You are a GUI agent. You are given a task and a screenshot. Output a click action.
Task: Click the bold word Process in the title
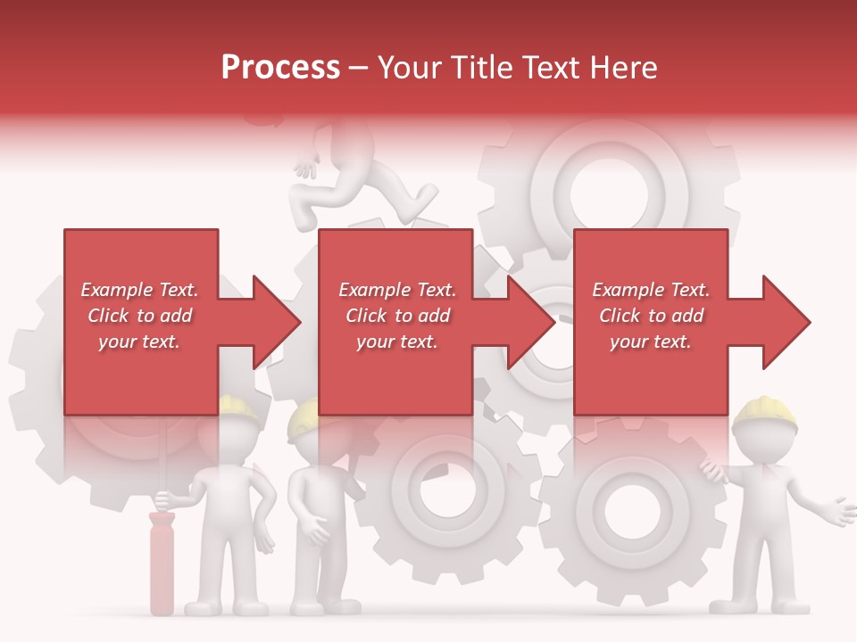[280, 68]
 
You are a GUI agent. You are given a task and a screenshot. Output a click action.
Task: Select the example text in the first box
[139, 316]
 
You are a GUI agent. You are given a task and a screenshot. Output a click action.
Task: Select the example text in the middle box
[397, 316]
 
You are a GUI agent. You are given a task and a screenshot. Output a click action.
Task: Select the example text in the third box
[651, 316]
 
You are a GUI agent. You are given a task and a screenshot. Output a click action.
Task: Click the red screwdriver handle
[162, 562]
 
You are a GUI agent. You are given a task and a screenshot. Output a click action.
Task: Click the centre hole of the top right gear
[609, 190]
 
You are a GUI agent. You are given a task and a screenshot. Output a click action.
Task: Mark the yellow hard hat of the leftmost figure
[237, 406]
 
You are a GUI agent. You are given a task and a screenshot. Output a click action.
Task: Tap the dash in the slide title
[359, 69]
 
